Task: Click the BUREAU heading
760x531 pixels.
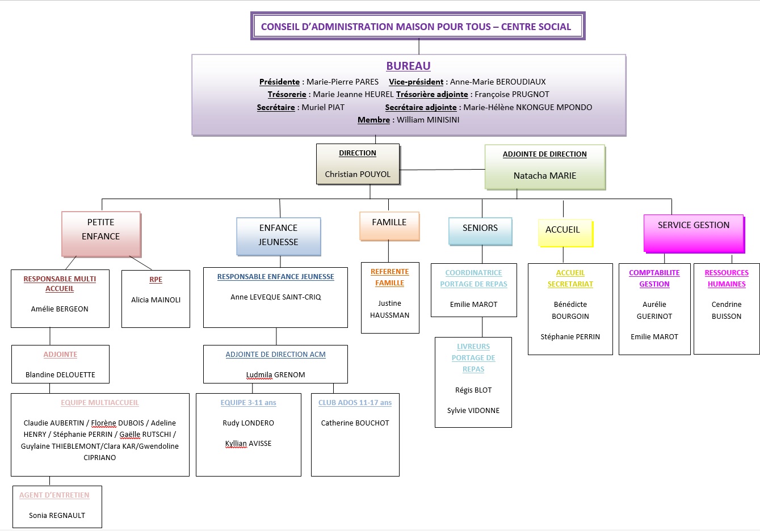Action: coord(408,66)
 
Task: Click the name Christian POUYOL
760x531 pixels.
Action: coord(358,174)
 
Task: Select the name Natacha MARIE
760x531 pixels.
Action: coord(544,175)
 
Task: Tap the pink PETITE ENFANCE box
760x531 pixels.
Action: coord(101,234)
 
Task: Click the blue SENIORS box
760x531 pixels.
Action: coord(480,230)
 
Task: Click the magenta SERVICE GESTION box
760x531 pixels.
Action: coord(694,233)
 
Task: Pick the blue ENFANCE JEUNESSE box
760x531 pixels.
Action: coord(278,236)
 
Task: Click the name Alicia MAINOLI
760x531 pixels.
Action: coord(156,300)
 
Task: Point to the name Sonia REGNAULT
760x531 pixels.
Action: coord(57,515)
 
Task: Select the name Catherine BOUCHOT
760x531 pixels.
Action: coord(355,423)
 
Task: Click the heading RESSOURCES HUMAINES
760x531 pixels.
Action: coord(726,279)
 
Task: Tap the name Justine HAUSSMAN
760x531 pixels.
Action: coord(389,309)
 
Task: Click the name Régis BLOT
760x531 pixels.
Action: coord(473,390)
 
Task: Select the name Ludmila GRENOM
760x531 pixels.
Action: coord(275,374)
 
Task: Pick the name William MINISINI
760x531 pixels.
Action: coord(427,120)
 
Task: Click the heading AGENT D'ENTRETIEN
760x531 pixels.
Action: coord(54,495)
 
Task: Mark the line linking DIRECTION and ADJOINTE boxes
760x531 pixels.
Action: coord(443,170)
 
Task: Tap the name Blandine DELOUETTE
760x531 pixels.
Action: coord(60,374)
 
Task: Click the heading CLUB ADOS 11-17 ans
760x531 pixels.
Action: coord(355,402)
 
